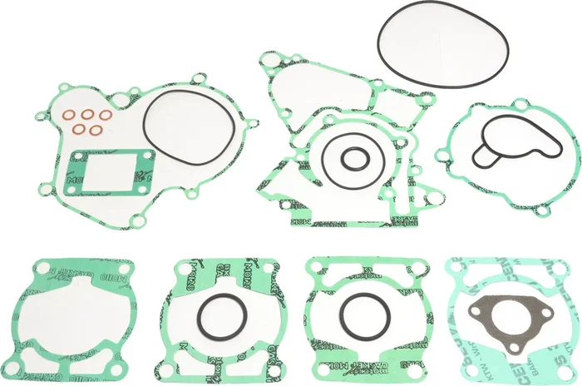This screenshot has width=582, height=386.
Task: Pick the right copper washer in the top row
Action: [106, 115]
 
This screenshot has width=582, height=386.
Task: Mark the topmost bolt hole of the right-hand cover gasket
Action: [521, 104]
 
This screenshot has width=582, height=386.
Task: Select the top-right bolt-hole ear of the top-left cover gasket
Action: [197, 80]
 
